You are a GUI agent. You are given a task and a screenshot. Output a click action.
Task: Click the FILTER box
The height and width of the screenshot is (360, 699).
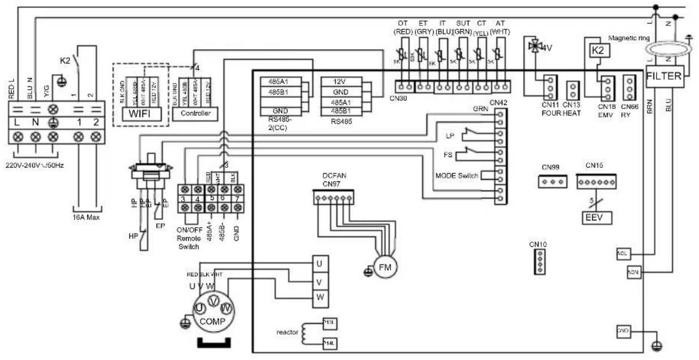(665, 76)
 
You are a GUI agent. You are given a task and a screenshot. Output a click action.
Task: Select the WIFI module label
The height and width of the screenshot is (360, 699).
(141, 113)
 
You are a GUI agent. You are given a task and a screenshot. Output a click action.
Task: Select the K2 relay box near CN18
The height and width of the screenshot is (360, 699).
(597, 51)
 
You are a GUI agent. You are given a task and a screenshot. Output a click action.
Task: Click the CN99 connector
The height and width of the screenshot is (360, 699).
(551, 181)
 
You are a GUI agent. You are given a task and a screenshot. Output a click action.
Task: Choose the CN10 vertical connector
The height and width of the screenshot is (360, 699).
(539, 262)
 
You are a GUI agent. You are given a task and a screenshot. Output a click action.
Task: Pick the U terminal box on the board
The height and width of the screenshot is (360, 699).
(319, 263)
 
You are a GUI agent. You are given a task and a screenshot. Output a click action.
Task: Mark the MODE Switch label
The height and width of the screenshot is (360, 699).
(457, 176)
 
